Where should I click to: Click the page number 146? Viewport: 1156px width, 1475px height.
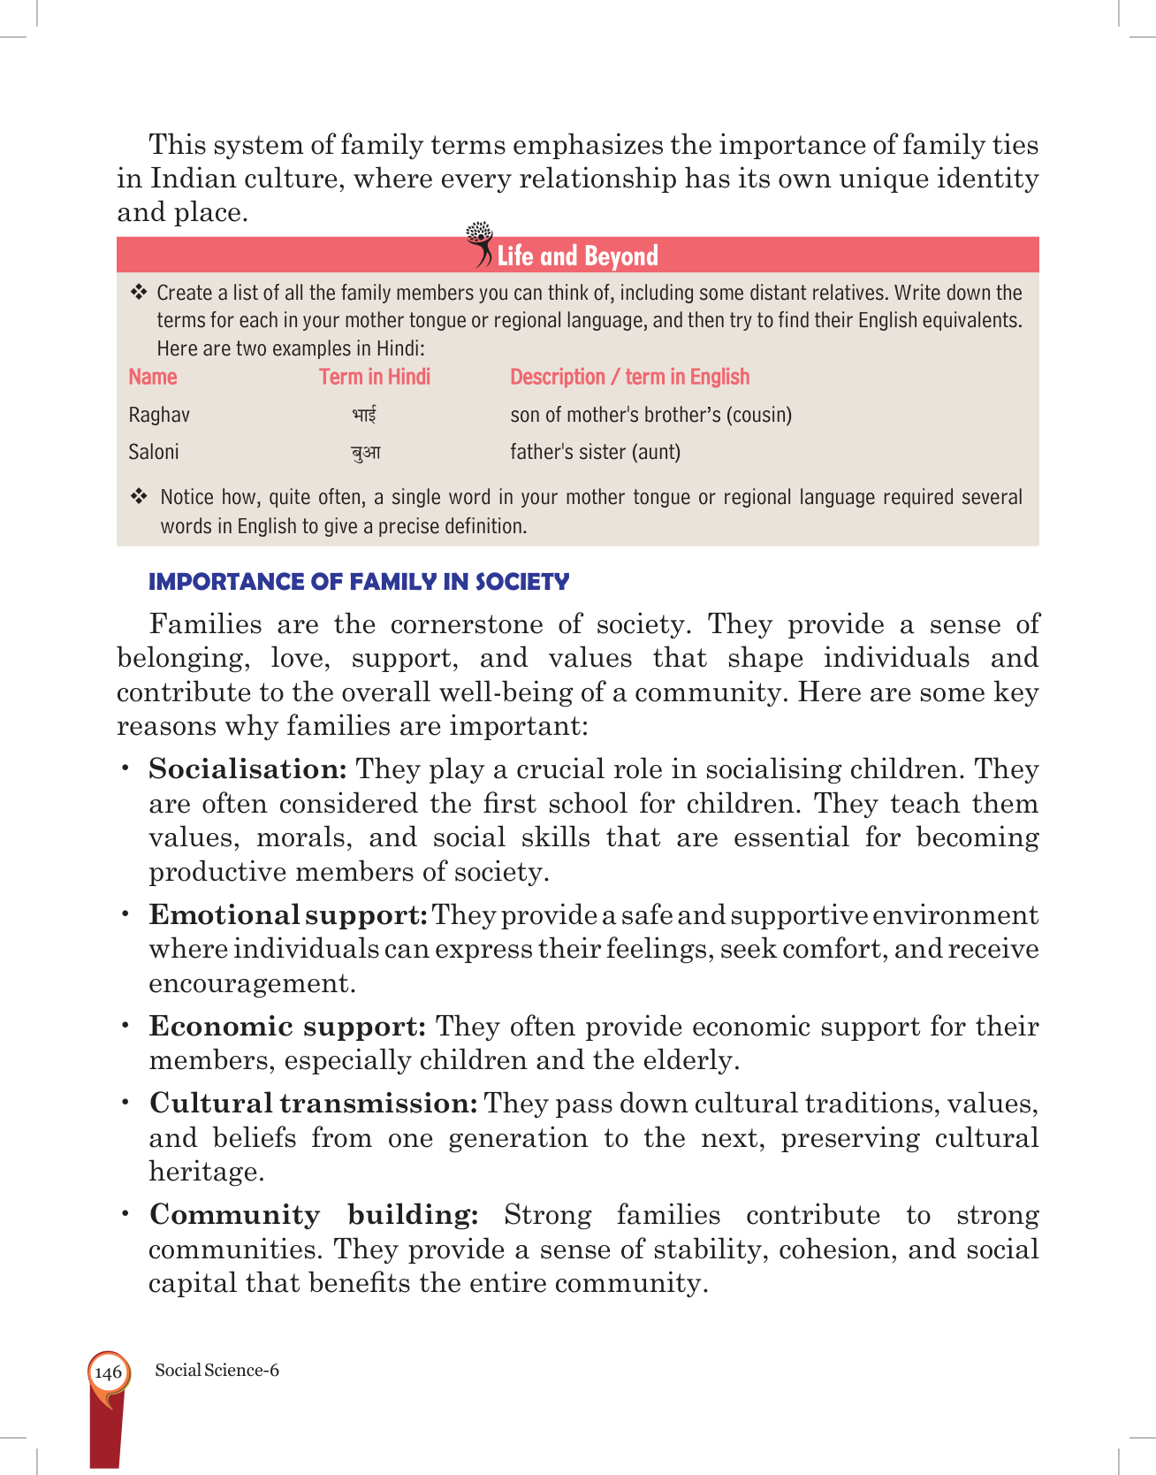[x=108, y=1372]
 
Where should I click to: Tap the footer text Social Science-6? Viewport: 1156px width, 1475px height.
[x=217, y=1370]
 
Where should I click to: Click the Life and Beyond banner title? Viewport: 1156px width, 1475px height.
[x=577, y=256]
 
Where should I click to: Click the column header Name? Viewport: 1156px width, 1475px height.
[x=153, y=377]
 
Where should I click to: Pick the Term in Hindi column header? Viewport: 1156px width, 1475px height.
[x=375, y=377]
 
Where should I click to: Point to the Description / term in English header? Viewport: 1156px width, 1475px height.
[x=629, y=377]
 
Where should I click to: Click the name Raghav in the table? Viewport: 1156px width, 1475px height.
[x=159, y=415]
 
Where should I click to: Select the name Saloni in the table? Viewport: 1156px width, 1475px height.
[x=154, y=452]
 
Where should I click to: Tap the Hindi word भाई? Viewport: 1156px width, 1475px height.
[x=364, y=415]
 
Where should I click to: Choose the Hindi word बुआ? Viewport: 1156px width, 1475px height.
[x=366, y=453]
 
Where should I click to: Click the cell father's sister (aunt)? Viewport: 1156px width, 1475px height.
[x=595, y=452]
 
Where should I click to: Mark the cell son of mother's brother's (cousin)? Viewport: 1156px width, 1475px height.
[x=650, y=415]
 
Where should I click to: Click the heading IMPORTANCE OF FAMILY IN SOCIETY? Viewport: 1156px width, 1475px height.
[x=359, y=582]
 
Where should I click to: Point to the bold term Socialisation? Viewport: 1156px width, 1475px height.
[x=247, y=769]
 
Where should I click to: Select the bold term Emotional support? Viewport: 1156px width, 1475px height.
[x=288, y=915]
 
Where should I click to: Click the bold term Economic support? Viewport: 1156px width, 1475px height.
[x=288, y=1027]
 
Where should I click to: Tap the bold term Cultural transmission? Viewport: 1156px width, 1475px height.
[x=314, y=1104]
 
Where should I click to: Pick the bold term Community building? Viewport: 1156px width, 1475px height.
[x=314, y=1215]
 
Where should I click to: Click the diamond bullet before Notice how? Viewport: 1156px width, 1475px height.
[x=140, y=496]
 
